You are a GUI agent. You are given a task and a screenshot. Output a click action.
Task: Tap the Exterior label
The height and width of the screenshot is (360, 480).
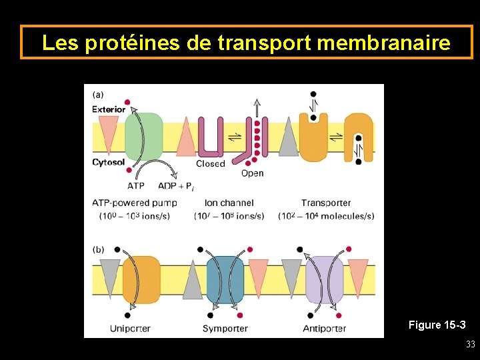[x=109, y=109]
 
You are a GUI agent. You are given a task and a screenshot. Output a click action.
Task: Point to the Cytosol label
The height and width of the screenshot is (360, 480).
[x=108, y=162]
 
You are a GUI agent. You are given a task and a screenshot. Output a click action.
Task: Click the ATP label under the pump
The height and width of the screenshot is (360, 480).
[x=136, y=186]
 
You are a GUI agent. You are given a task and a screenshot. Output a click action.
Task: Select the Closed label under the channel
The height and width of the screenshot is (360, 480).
[x=210, y=164]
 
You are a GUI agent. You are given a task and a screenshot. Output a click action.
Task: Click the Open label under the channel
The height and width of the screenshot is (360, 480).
[x=252, y=173]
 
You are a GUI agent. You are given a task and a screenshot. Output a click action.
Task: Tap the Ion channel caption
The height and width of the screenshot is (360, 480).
[x=229, y=203]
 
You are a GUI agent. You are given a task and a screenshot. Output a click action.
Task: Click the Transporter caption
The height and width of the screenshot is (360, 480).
[x=325, y=203]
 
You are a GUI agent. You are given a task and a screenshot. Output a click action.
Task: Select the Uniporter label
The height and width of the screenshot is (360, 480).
[x=130, y=328]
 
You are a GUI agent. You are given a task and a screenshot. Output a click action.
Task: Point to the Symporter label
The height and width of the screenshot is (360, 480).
[x=225, y=328]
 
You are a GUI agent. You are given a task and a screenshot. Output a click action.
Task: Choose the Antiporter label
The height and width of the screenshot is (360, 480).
[x=325, y=328]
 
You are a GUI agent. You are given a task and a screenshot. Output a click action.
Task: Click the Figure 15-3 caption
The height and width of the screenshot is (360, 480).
[x=437, y=325]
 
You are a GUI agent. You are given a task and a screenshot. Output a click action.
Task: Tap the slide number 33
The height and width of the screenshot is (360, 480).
[x=470, y=345]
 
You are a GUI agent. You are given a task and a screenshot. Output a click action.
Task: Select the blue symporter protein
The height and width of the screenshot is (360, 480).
[x=225, y=280]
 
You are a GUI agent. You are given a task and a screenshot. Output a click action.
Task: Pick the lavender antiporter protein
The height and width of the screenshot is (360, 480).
[x=324, y=280]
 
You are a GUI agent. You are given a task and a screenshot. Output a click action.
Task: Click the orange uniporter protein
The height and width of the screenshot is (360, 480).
[x=141, y=280]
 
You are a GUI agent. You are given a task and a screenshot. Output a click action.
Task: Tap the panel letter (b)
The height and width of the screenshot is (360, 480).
[x=98, y=249]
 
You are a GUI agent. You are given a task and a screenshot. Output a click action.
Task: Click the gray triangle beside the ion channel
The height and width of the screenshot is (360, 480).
[x=288, y=137]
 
